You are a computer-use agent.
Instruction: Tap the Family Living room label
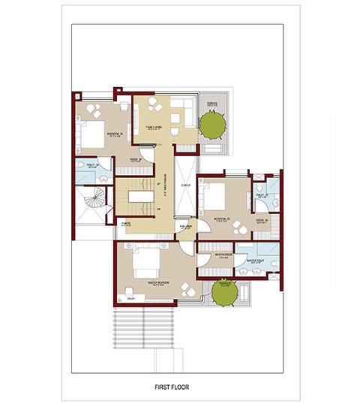[x=160, y=127]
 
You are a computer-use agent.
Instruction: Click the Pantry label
[x=127, y=222]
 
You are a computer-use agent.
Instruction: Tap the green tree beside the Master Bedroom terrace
[x=223, y=292]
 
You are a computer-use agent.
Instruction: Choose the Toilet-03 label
[x=262, y=196]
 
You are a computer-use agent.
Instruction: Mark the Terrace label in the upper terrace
[x=212, y=103]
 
